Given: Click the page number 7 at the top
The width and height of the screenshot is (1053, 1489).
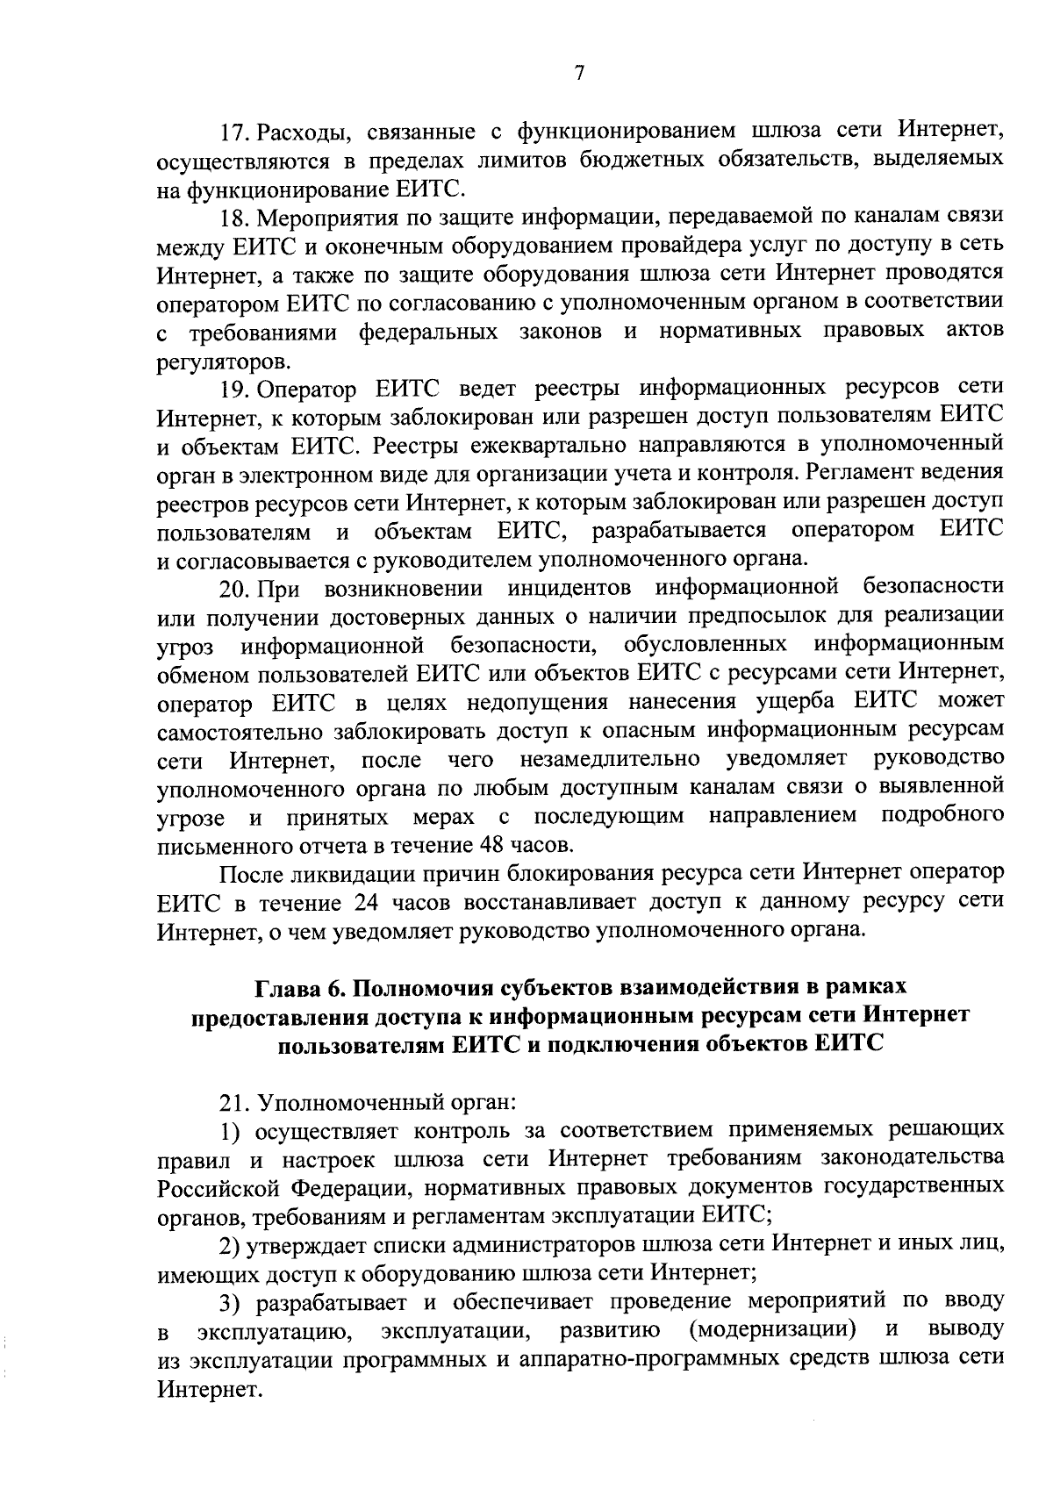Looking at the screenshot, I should click(x=579, y=75).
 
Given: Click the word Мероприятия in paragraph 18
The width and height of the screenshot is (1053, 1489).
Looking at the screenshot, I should click(x=332, y=217).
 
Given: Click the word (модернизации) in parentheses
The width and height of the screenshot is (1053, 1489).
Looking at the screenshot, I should click(x=773, y=1329).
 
